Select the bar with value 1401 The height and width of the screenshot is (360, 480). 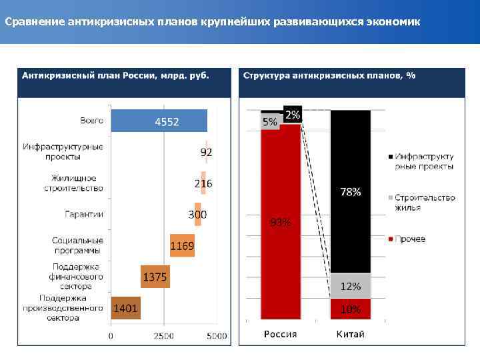coord(125,308)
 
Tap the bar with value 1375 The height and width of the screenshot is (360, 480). coord(155,276)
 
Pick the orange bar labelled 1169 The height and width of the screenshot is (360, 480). coord(181,245)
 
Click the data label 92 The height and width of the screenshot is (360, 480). coord(207,153)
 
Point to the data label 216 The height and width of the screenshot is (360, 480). coord(203,183)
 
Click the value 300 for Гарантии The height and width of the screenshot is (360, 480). coord(197,215)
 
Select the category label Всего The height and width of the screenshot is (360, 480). coord(91,121)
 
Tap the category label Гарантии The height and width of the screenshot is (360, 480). coord(84,214)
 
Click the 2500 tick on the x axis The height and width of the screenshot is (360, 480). coord(164,335)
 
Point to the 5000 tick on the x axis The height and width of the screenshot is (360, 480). coord(217,335)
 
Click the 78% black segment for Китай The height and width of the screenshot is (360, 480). coord(351,192)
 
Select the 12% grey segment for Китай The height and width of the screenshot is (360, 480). coord(351,286)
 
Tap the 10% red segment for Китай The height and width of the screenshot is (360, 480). coord(351,309)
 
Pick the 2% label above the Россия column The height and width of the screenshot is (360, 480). coord(293,115)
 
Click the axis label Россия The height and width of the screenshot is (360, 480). coord(281,334)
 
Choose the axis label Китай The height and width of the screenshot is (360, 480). coord(351,334)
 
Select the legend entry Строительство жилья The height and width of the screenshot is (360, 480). coord(424,202)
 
